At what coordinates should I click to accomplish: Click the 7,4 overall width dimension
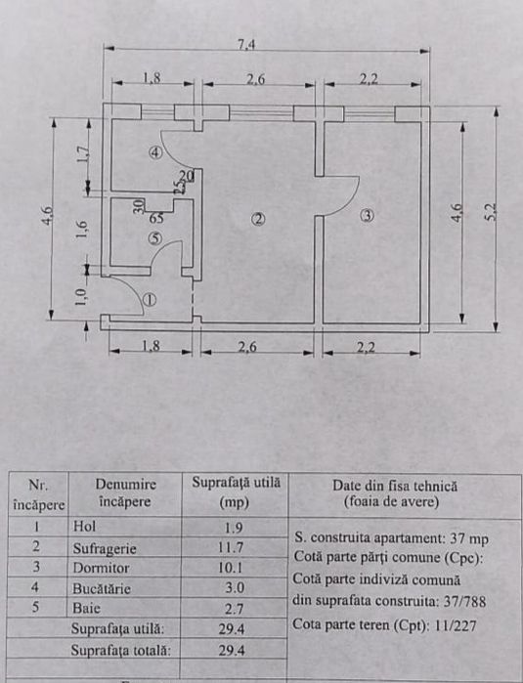tap(246, 44)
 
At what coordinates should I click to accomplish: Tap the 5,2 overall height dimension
tap(491, 212)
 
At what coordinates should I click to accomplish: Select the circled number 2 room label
tap(258, 219)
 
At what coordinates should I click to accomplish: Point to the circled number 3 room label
tap(368, 215)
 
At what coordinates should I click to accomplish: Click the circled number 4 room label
tap(155, 152)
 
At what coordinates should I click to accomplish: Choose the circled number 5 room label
tap(155, 238)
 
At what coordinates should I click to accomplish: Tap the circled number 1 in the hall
tap(150, 300)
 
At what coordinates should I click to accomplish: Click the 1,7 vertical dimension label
tap(83, 153)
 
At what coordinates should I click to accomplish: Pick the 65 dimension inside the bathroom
tap(156, 217)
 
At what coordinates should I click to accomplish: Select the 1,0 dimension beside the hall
tap(80, 297)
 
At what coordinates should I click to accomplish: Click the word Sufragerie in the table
tap(105, 548)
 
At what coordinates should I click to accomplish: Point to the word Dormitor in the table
tap(101, 568)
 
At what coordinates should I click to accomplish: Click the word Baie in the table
tap(86, 608)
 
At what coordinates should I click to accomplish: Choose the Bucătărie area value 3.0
tap(235, 587)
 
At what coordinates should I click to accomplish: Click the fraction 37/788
tap(464, 602)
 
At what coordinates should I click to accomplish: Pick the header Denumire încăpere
tap(125, 492)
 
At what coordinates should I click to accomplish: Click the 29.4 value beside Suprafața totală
tap(232, 651)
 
